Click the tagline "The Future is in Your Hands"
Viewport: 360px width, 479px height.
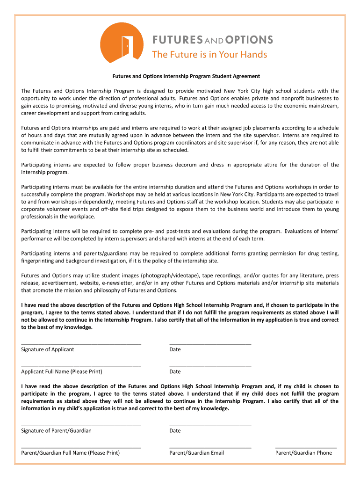click(x=209, y=55)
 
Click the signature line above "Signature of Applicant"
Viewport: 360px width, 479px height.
click(x=81, y=343)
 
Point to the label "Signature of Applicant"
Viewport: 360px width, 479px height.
click(x=48, y=349)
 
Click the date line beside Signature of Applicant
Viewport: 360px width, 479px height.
click(x=210, y=343)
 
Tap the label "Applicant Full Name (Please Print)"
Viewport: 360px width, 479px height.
click(x=62, y=371)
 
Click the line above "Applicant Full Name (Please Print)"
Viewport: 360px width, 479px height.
click(x=81, y=365)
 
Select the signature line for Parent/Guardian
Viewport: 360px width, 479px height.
click(x=81, y=424)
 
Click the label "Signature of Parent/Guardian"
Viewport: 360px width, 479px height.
click(x=57, y=430)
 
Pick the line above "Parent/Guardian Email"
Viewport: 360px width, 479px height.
click(x=210, y=447)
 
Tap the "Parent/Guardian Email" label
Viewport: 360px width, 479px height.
click(x=196, y=452)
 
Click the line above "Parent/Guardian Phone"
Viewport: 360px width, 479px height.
click(x=306, y=447)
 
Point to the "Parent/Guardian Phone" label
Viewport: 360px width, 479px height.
click(x=303, y=452)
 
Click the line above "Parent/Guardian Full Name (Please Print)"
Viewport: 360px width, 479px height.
click(x=81, y=447)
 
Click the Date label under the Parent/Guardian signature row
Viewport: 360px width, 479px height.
click(x=175, y=430)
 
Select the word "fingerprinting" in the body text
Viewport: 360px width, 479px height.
click(x=38, y=261)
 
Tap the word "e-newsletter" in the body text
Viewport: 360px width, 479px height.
click(x=130, y=283)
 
